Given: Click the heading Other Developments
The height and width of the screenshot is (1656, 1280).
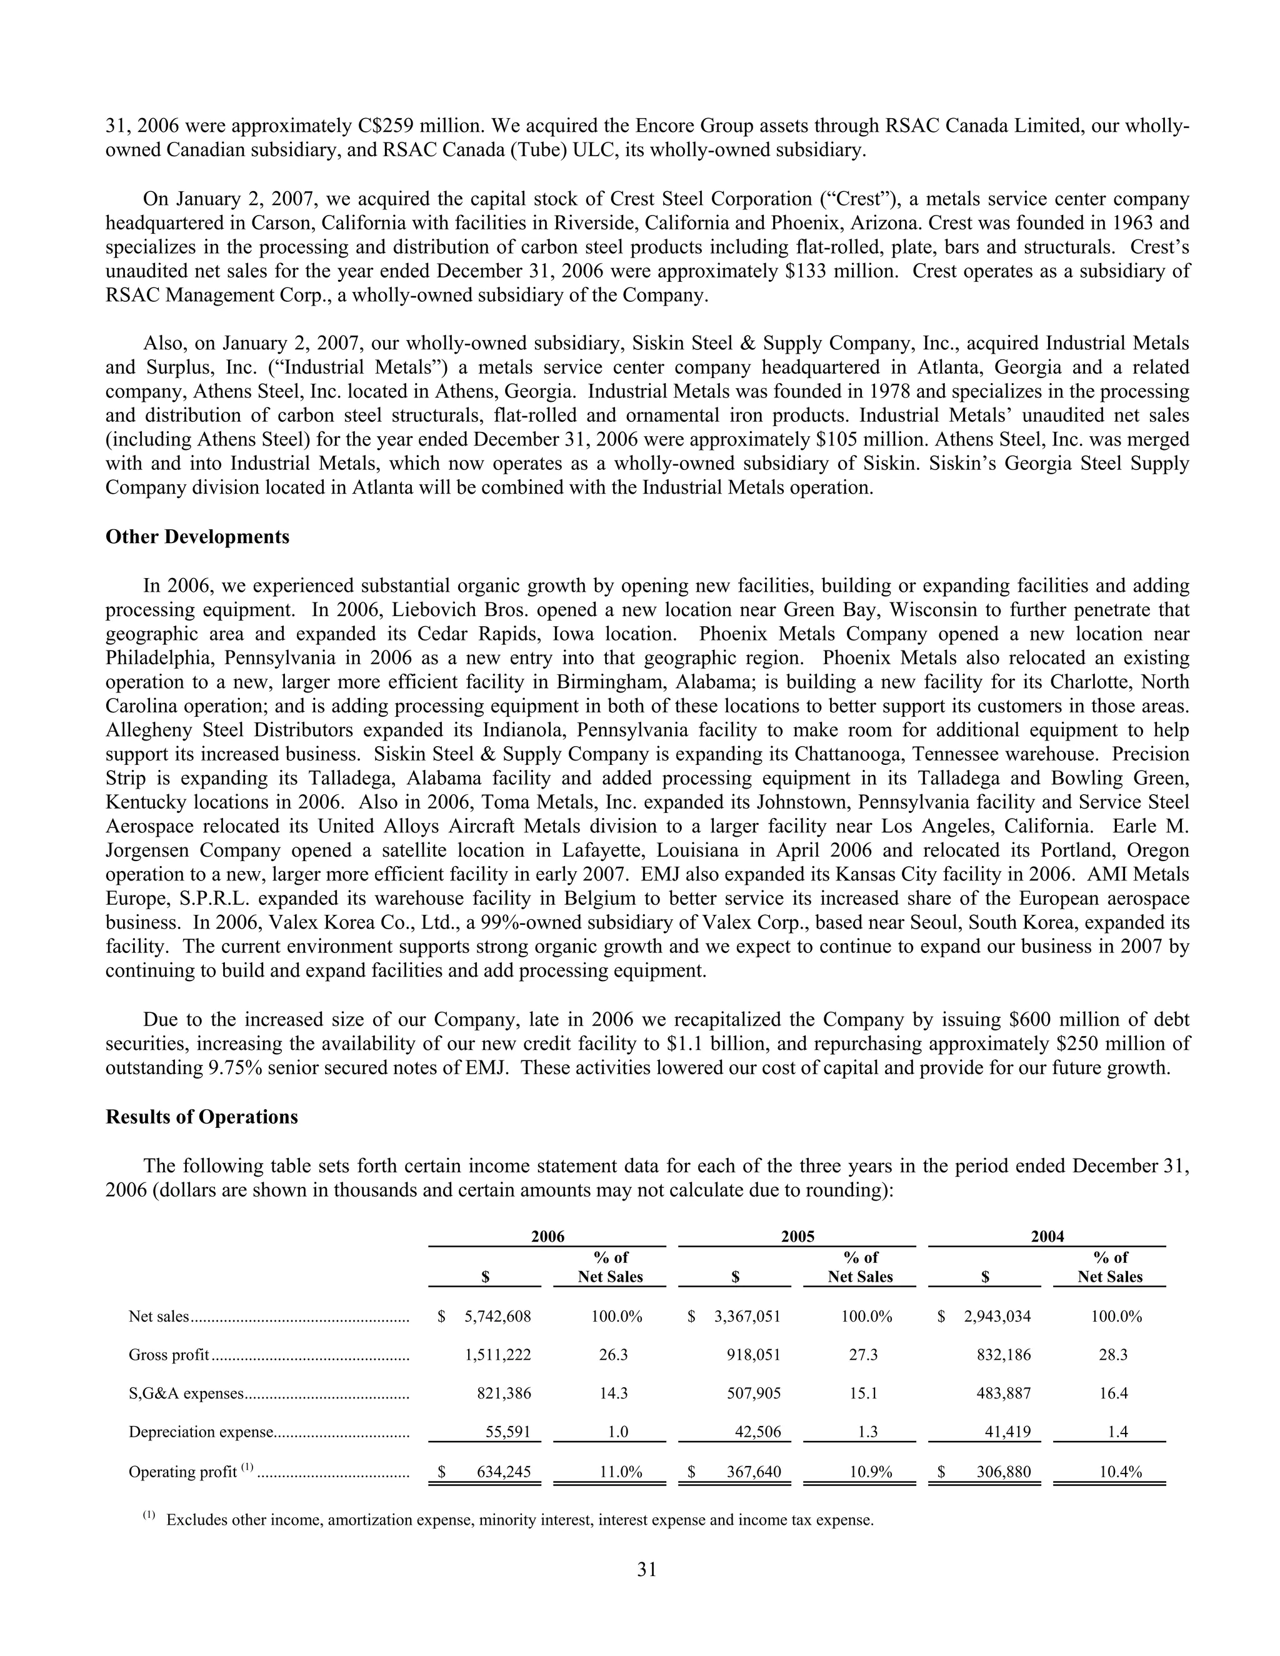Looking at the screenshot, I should (197, 537).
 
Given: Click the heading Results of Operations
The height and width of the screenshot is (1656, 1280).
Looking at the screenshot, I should (202, 1117).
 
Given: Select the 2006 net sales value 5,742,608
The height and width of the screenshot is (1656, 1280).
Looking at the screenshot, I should (497, 1316).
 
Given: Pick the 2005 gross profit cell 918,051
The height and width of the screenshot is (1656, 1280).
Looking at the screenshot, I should (754, 1354).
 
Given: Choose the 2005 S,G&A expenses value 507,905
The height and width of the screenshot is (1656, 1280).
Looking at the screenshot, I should (754, 1393).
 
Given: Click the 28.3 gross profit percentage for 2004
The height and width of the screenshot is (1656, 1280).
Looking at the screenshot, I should (1112, 1354).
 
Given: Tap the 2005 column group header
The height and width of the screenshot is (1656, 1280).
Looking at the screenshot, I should (797, 1237).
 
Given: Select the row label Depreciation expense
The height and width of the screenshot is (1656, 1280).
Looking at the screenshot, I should (200, 1432).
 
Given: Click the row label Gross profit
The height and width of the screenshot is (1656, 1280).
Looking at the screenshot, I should (168, 1354).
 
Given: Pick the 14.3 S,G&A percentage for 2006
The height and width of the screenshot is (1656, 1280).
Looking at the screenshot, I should (612, 1393).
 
